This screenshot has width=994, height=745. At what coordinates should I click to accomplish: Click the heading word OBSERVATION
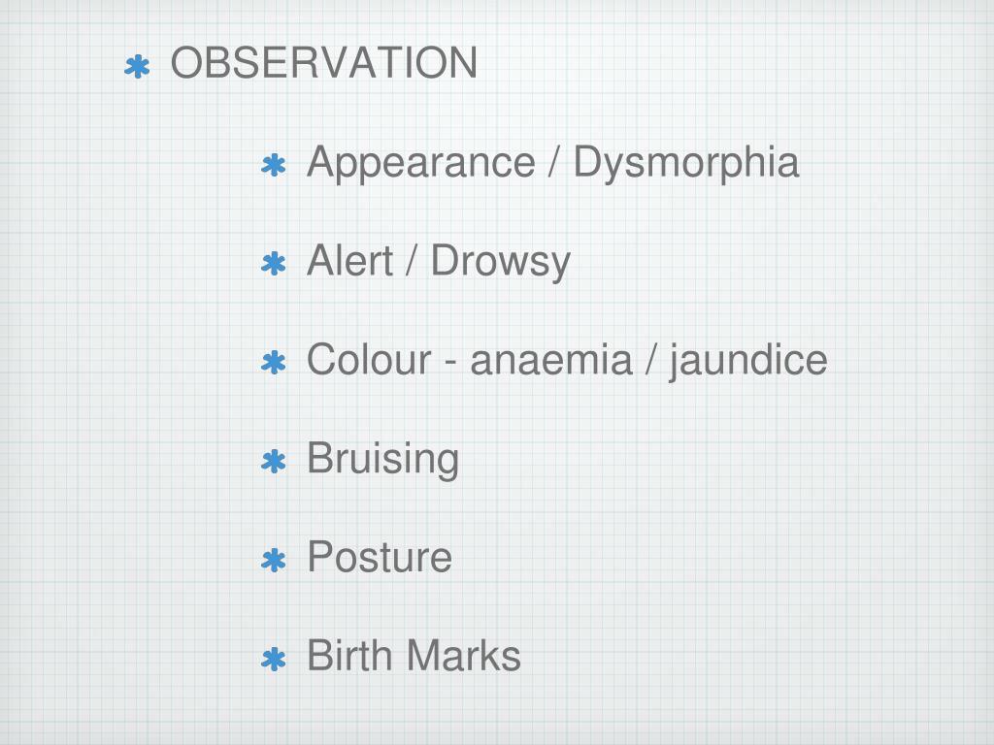(323, 64)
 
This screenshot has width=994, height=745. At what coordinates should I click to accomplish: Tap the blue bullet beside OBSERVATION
(138, 67)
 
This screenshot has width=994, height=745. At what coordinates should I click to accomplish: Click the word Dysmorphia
(685, 163)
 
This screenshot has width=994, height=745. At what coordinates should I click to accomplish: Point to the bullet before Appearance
(274, 166)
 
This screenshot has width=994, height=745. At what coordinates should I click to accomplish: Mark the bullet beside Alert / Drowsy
(274, 265)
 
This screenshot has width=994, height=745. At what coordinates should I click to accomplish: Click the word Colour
(368, 360)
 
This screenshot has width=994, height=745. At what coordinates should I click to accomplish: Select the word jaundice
(747, 361)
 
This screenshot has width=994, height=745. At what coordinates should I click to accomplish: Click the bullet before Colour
(274, 364)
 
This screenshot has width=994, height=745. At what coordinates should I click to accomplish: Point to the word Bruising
(382, 459)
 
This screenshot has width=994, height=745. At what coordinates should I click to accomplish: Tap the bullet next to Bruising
(274, 463)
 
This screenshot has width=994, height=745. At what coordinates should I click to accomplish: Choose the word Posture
(379, 558)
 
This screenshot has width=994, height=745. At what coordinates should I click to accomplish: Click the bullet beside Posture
(274, 561)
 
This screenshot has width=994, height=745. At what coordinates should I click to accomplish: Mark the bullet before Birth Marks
(274, 661)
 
